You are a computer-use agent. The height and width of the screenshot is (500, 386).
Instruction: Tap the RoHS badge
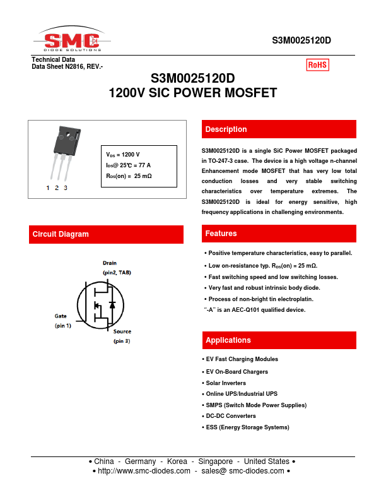pos(318,64)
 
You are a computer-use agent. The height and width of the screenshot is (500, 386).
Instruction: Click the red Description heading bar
pos(278,129)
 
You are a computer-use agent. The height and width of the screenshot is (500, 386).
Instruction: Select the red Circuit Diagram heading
pos(106,234)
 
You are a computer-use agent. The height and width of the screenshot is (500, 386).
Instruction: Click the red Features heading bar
pos(278,234)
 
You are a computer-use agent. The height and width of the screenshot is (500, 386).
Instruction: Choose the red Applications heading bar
pos(278,340)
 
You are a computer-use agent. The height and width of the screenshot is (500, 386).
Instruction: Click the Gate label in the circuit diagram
pos(61,316)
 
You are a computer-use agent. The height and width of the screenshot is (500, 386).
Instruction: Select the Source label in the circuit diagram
pos(122,331)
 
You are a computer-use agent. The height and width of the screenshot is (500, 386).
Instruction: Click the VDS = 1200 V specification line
pos(123,155)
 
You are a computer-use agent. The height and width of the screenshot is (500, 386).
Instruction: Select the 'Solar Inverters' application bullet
pos(226,383)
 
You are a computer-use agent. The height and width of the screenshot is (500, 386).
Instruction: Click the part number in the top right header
pos(301,40)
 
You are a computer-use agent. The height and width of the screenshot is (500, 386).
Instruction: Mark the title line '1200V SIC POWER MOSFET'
pos(193,93)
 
